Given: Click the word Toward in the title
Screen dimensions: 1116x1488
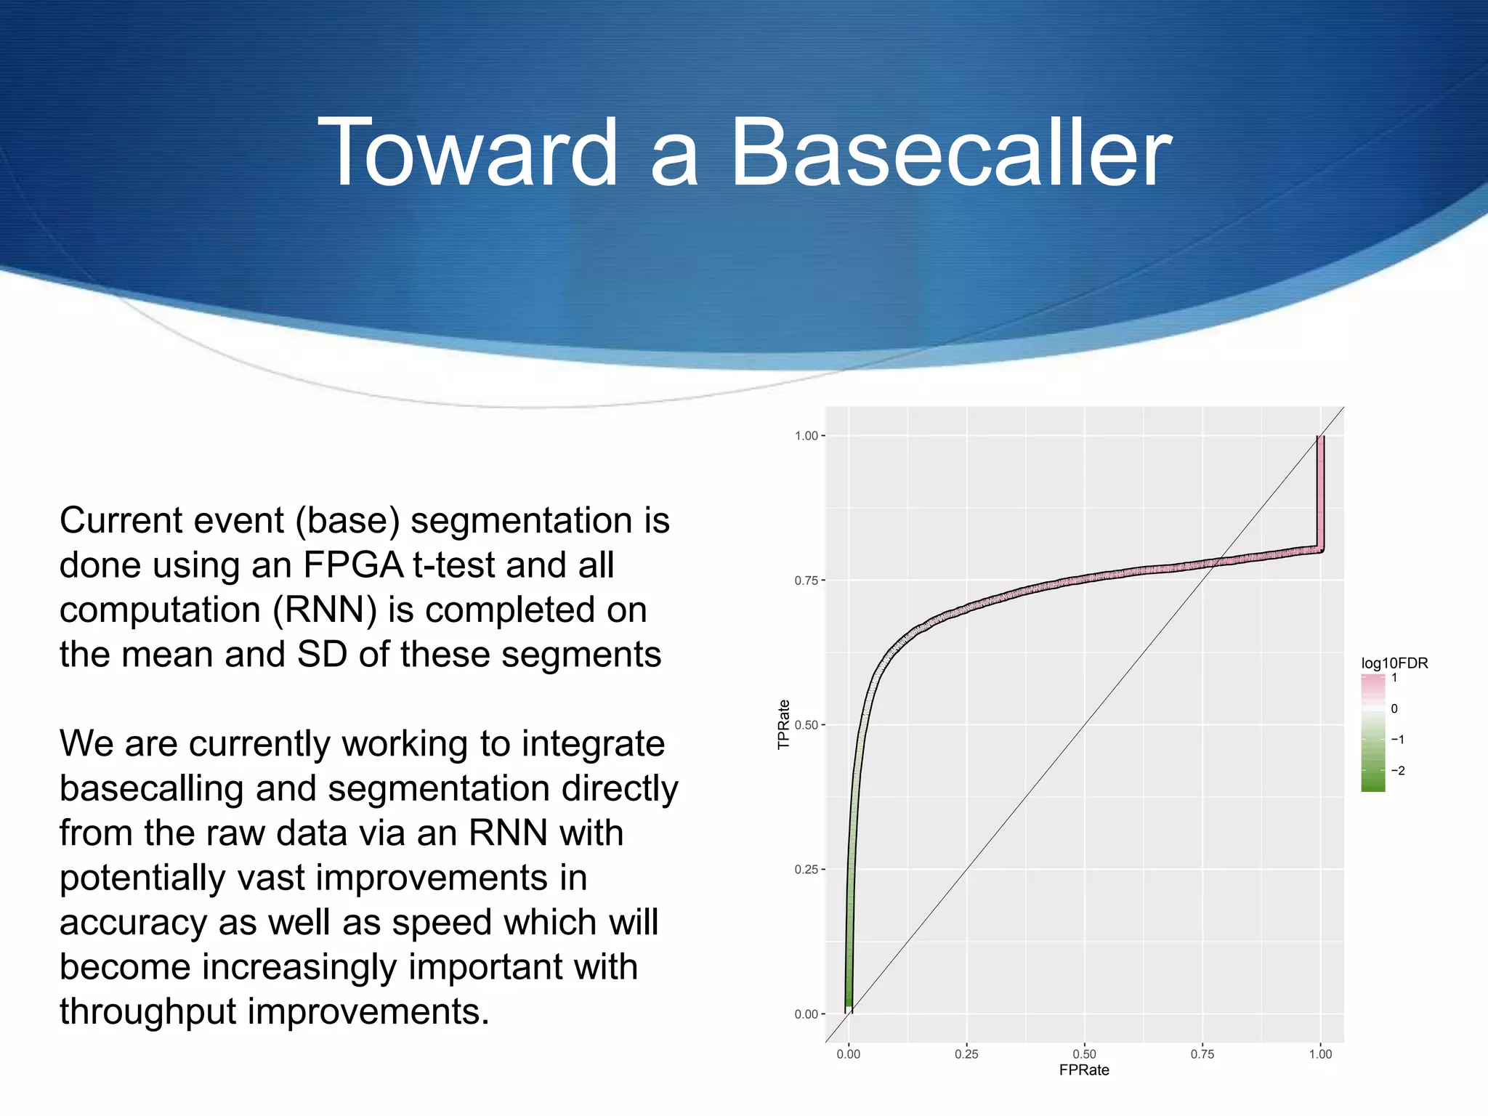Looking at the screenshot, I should pos(467,154).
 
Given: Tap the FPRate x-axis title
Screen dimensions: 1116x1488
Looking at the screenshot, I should pos(1084,1070).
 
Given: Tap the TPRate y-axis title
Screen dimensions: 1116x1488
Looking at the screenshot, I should pos(783,724).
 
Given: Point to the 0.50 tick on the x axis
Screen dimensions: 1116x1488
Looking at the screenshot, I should pos(1084,1054).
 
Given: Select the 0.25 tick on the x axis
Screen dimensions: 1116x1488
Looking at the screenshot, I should pos(966,1054).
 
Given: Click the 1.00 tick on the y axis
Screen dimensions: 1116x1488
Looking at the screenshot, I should pos(806,436).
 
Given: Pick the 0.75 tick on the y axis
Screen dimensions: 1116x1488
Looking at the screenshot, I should pos(806,581).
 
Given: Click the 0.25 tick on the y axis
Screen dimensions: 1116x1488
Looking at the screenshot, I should pos(806,870).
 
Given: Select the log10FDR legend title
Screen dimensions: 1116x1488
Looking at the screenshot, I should pos(1394,663).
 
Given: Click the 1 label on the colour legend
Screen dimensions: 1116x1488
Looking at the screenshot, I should pos(1394,678).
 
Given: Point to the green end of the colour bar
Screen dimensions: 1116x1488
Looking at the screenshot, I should pos(1372,785).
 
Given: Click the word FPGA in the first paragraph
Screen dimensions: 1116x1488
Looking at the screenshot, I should pos(352,565).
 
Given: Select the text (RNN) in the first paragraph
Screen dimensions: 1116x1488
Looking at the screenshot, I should pos(324,610).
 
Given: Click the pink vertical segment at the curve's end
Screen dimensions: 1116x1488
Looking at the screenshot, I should pos(1320,494).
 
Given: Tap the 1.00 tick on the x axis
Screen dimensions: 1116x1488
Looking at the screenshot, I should pos(1320,1054).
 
